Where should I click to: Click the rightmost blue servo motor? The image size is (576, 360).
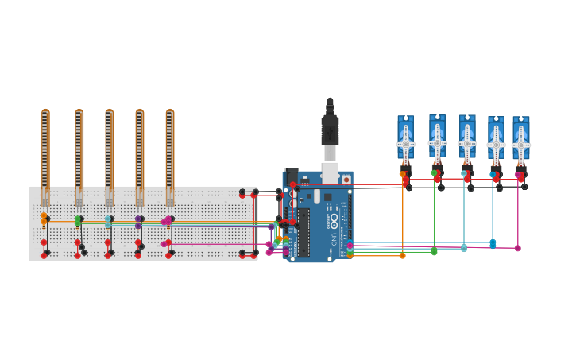(x=521, y=143)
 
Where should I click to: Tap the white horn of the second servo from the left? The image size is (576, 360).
(x=437, y=145)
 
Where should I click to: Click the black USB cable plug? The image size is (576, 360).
(x=330, y=127)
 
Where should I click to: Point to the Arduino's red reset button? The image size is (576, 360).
(x=346, y=180)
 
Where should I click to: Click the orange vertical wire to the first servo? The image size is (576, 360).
(x=403, y=215)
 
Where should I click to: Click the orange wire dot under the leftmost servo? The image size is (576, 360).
(x=403, y=255)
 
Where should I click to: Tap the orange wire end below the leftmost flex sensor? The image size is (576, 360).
(x=44, y=216)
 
